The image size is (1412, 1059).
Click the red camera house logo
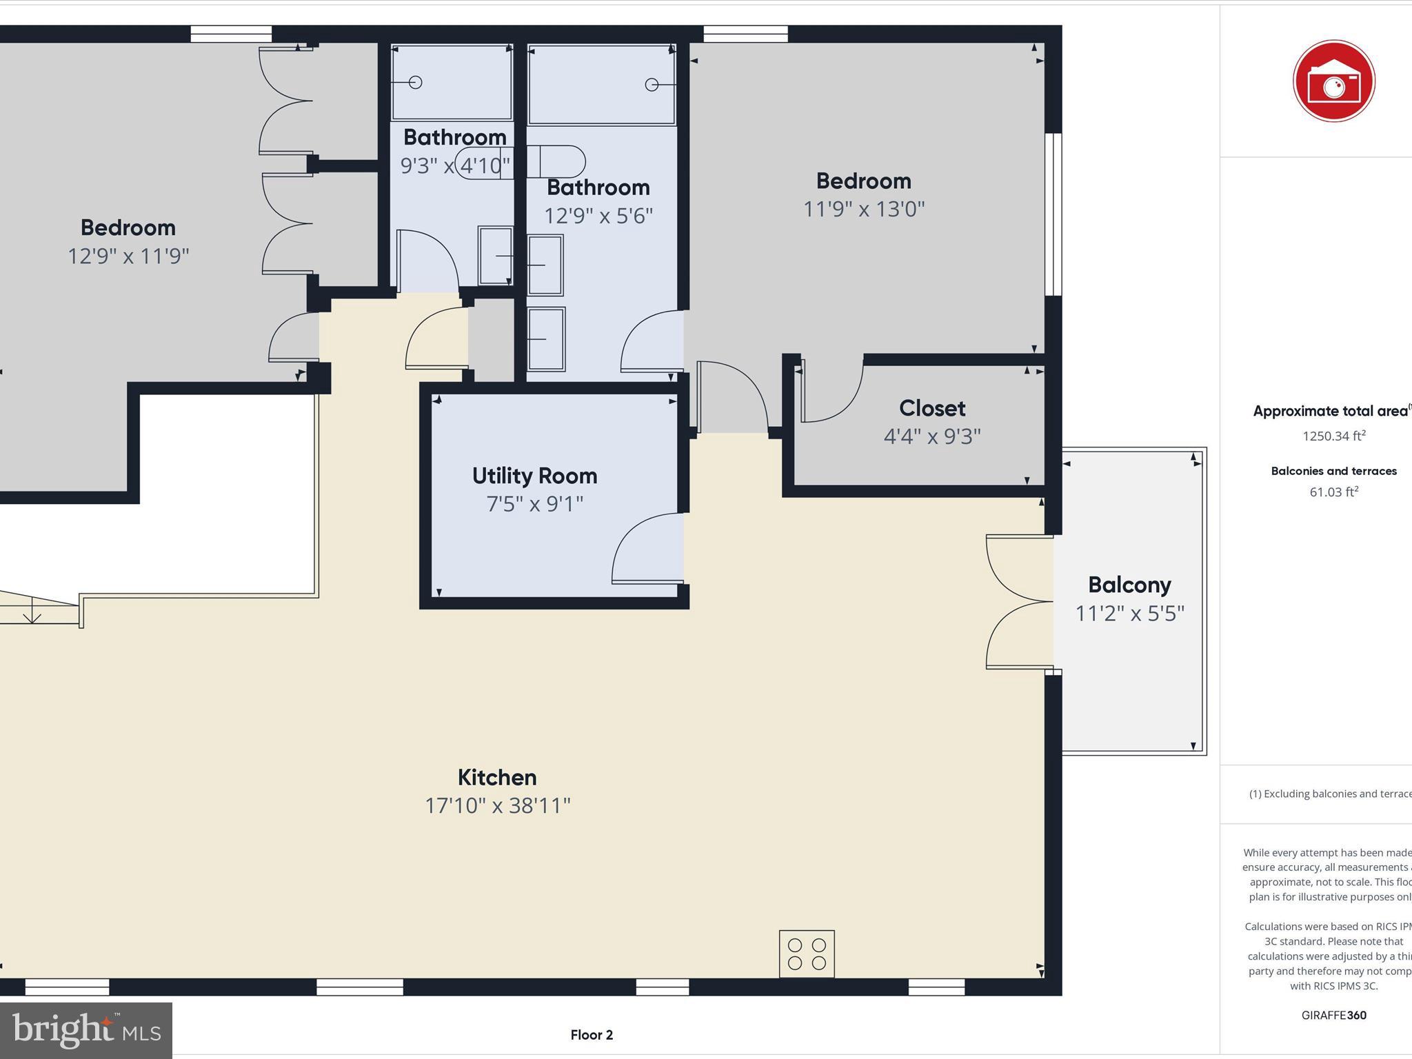click(1333, 81)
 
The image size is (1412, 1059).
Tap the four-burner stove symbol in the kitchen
click(807, 954)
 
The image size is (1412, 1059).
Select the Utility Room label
click(534, 476)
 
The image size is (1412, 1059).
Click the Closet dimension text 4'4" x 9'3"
click(931, 436)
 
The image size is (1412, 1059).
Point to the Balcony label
click(1129, 585)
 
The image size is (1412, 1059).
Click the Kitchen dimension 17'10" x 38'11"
click(498, 805)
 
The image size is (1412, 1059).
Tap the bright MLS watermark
click(86, 1030)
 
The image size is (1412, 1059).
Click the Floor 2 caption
click(592, 1035)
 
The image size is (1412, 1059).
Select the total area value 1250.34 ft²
click(1333, 436)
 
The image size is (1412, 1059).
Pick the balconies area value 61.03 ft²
click(1333, 492)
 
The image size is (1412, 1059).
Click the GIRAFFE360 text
click(1333, 1015)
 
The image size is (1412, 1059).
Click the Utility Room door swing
click(646, 548)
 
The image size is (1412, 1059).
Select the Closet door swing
click(831, 393)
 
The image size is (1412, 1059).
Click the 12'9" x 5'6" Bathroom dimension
click(598, 216)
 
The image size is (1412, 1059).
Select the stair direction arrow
click(32, 611)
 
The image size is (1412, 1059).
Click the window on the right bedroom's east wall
click(1053, 214)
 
